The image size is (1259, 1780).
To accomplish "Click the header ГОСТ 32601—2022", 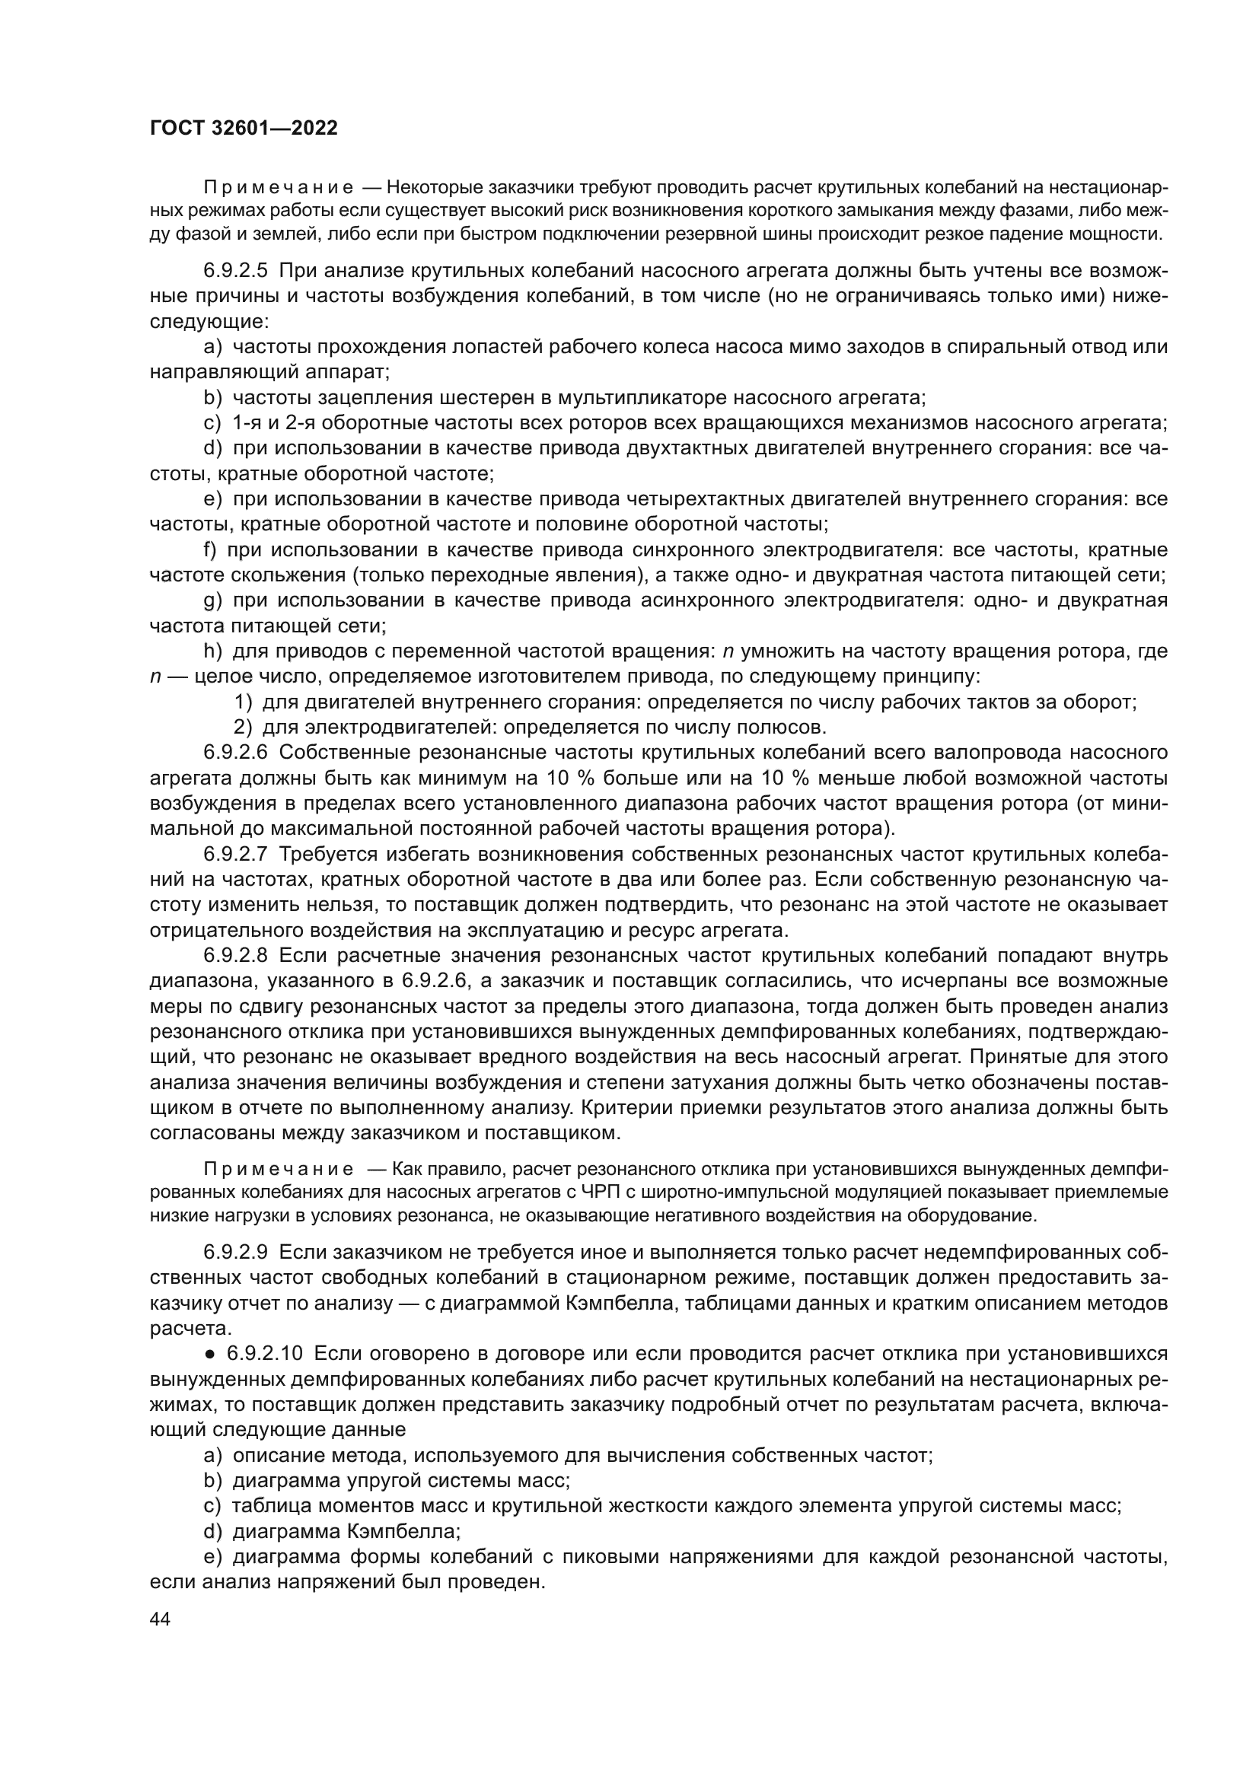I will tap(244, 129).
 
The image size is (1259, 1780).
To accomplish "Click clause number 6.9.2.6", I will tap(235, 753).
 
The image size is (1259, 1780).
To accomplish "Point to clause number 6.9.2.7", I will tap(235, 855).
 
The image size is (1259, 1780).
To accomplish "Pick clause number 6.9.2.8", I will tap(235, 956).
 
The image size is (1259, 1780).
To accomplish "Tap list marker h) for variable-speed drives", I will tap(212, 652).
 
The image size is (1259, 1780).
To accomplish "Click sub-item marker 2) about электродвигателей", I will tap(243, 728).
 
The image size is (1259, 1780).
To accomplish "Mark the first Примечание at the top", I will tap(279, 188).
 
